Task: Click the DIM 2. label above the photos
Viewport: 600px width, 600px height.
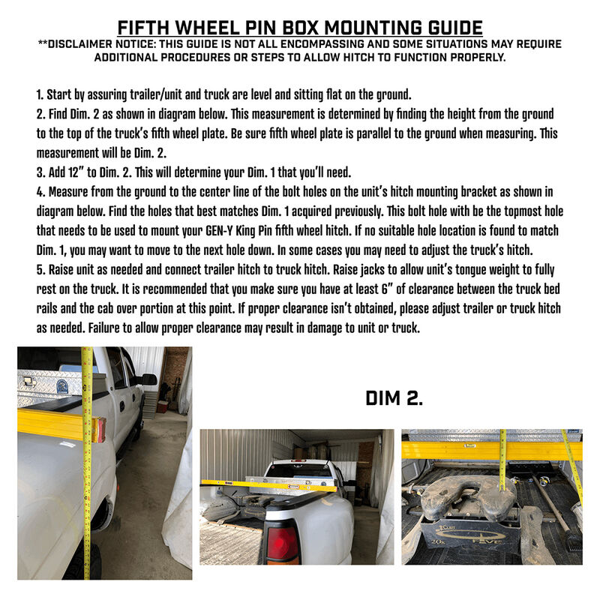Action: pos(394,398)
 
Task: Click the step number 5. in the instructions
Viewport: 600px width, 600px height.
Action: pos(40,268)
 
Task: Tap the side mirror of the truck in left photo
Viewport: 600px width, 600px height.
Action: pos(148,379)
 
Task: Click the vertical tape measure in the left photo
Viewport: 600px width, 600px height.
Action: pos(88,480)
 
